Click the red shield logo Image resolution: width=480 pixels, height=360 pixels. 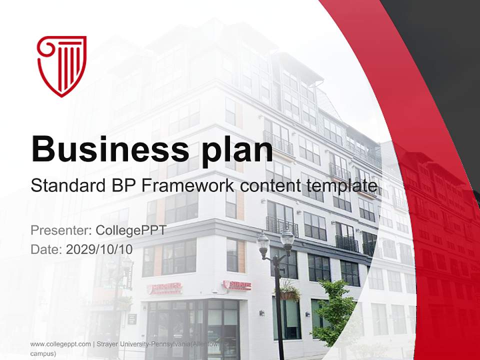pyautogui.click(x=62, y=65)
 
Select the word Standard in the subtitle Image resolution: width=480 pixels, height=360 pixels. pyautogui.click(x=67, y=186)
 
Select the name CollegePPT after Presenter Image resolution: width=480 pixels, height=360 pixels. pyautogui.click(x=131, y=230)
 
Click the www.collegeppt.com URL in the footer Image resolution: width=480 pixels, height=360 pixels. pyautogui.click(x=60, y=344)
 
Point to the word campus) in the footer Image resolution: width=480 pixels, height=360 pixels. pyautogui.click(x=43, y=353)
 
